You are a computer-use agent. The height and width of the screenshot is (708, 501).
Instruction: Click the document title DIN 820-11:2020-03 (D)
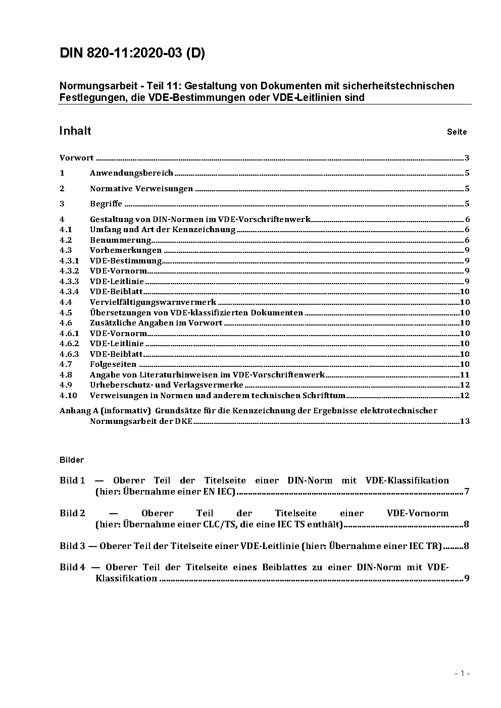(x=132, y=53)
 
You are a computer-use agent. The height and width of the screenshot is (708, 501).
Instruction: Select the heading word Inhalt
(x=75, y=131)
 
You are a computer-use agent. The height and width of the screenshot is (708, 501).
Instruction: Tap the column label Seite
(x=457, y=132)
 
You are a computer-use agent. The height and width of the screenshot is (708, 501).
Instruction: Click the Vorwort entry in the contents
(x=76, y=158)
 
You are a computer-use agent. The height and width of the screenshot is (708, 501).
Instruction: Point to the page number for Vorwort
(x=467, y=158)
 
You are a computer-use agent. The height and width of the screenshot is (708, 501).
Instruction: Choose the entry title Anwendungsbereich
(x=131, y=173)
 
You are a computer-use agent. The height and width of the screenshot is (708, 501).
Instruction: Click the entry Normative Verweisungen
(x=141, y=189)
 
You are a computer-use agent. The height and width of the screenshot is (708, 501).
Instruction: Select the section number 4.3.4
(x=69, y=292)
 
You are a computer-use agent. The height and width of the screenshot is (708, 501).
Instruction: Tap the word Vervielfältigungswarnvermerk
(x=153, y=302)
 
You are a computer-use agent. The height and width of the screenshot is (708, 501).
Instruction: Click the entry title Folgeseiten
(x=113, y=364)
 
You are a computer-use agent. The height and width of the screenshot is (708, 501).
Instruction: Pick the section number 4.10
(x=68, y=396)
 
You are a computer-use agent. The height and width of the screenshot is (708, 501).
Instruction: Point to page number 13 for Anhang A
(x=465, y=421)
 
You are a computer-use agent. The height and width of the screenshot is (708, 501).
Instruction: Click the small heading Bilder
(x=71, y=460)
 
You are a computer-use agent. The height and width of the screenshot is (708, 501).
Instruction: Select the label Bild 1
(x=72, y=480)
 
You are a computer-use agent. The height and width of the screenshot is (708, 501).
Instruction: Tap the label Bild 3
(x=72, y=546)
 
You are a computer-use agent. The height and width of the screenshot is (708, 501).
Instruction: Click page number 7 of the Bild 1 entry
(x=467, y=492)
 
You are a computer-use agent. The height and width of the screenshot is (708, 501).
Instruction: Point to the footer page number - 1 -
(x=462, y=673)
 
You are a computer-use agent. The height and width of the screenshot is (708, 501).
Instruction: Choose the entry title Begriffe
(x=106, y=204)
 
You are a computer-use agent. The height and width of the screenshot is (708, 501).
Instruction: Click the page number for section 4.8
(x=465, y=375)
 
